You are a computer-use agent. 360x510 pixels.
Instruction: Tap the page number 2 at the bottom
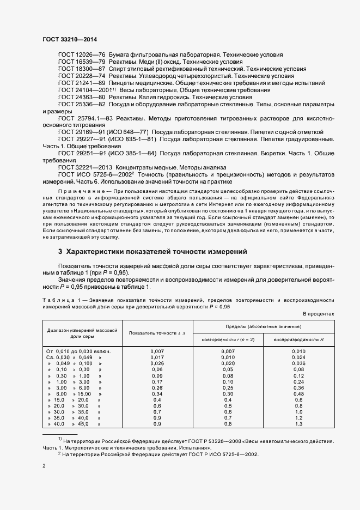44,467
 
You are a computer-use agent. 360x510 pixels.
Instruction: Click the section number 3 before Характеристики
60,252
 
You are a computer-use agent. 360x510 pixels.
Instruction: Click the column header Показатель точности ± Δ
156,332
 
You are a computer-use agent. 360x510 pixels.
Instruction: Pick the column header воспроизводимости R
298,339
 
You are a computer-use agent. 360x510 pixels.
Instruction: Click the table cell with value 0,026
157,363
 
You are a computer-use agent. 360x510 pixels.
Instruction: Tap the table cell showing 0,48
298,393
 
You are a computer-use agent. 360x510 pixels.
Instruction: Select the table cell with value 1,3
298,423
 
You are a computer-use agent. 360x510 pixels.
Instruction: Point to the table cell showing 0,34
157,393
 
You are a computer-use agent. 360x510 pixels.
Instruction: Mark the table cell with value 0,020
228,363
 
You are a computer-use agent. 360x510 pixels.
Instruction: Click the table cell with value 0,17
157,381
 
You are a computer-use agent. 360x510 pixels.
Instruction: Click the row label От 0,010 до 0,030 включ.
79,351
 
